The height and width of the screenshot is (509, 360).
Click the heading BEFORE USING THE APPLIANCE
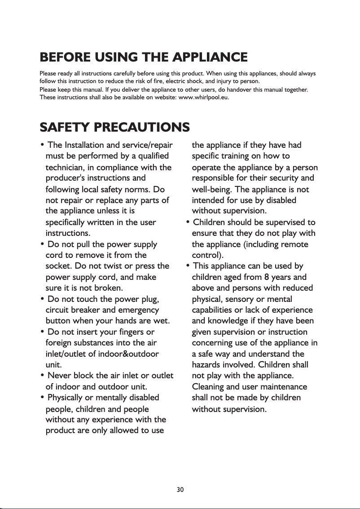coord(144,58)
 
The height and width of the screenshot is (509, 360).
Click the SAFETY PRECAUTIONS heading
coord(114,127)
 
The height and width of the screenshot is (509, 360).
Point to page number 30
coord(180,489)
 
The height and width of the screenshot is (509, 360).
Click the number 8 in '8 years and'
coord(267,277)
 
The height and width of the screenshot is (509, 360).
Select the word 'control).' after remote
coord(205,255)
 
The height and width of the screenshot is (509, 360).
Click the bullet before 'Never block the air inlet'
coord(42,375)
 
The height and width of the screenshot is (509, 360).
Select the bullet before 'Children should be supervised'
coord(188,222)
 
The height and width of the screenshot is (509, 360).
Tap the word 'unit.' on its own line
coord(53,364)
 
